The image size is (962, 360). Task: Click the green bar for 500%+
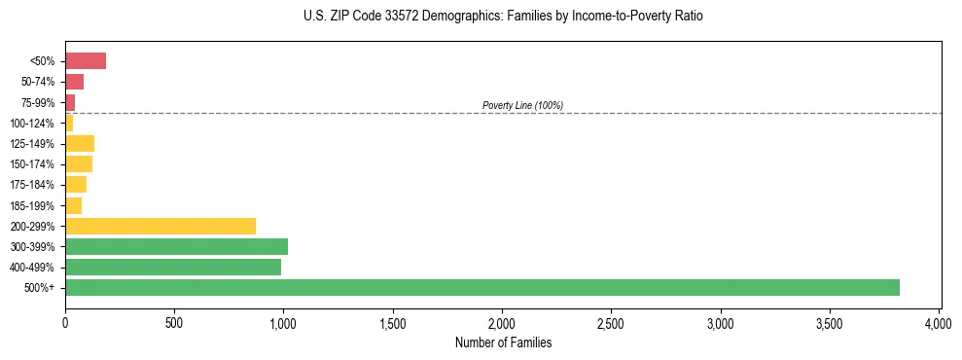click(x=481, y=287)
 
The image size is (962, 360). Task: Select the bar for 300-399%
click(x=176, y=246)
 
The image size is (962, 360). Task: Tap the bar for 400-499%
click(x=173, y=267)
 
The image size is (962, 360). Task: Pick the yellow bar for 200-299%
click(x=160, y=226)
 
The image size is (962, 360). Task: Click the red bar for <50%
click(x=86, y=61)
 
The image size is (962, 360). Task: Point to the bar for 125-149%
click(x=80, y=144)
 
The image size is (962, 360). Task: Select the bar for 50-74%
click(x=75, y=82)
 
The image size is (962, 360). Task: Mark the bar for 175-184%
click(x=76, y=185)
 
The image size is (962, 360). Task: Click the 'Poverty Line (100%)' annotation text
click(x=522, y=105)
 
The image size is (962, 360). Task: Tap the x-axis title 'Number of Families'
click(x=503, y=342)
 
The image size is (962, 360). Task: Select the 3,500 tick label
click(x=830, y=321)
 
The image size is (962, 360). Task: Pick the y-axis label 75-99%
click(x=37, y=102)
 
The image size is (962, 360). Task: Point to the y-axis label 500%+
click(x=41, y=288)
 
